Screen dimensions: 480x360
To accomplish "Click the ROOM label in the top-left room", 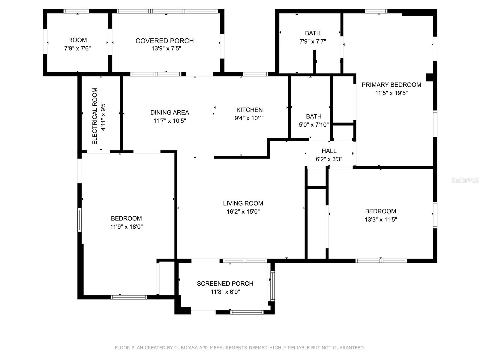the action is [x=77, y=40].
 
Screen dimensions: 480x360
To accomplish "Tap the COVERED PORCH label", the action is [x=165, y=41].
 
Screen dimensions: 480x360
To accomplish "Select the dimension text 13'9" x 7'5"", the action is [x=166, y=48].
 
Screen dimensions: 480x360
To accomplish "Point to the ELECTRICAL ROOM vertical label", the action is [x=95, y=116].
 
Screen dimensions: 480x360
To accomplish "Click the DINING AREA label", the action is [x=170, y=112].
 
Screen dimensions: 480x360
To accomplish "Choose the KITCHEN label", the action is [x=250, y=110].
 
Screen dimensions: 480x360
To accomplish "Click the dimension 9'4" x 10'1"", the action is [x=250, y=118].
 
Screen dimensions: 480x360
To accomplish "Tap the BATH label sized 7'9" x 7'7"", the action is [x=313, y=33].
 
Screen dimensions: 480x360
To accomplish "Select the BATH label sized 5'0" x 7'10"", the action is [x=313, y=116].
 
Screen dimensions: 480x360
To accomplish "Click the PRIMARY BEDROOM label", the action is [x=391, y=85].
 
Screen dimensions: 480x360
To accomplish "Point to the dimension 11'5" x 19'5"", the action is [x=391, y=93].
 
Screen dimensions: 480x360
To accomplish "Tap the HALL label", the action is [x=329, y=151].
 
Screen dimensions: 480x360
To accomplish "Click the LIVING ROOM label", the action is [x=243, y=203].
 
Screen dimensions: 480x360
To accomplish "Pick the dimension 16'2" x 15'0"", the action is [x=243, y=211].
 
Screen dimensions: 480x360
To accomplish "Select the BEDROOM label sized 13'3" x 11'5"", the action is [x=380, y=211].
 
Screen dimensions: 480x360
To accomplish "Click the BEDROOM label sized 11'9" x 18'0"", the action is [x=126, y=218].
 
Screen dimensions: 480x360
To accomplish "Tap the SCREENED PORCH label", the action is [x=225, y=283].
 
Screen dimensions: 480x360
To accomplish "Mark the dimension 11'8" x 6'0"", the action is [x=225, y=292].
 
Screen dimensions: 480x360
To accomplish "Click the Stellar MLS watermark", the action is [x=465, y=180].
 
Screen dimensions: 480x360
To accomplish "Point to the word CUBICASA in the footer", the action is [x=186, y=347].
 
